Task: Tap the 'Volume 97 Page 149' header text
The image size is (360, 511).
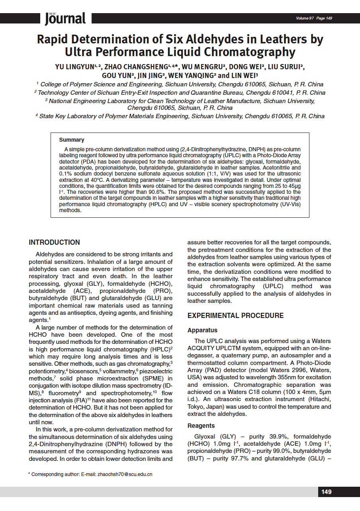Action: click(314, 18)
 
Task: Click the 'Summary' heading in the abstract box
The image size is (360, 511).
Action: click(72, 140)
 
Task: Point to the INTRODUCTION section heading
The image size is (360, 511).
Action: click(54, 242)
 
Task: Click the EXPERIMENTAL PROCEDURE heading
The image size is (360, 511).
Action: click(235, 316)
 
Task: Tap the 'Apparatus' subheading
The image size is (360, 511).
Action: click(202, 330)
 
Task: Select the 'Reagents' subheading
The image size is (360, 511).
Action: click(201, 426)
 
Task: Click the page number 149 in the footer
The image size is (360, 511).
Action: click(326, 492)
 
